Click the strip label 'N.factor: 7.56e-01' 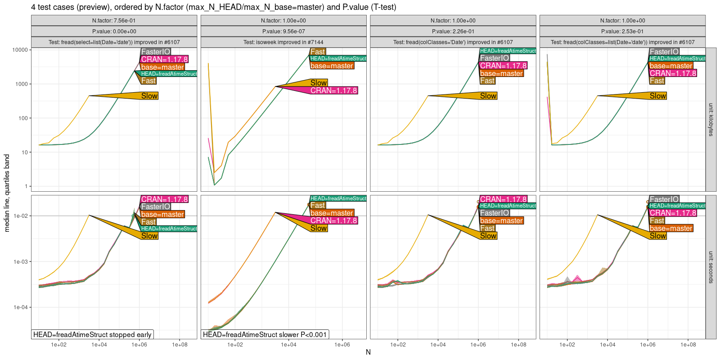click(114, 21)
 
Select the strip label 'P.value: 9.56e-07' click(283, 31)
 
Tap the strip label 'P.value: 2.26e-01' click(453, 31)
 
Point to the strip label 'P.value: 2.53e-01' click(622, 31)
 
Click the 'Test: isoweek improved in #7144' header click(283, 42)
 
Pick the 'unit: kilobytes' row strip click(711, 120)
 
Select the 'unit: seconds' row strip click(711, 267)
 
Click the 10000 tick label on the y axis click(20, 50)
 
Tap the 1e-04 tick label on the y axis click(21, 307)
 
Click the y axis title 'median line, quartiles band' click(7, 193)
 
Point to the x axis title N click(368, 352)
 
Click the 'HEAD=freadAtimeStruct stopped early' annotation click(92, 334)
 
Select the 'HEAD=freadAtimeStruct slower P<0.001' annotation click(265, 334)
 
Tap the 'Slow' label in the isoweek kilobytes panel click(319, 83)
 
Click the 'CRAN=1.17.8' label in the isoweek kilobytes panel click(333, 90)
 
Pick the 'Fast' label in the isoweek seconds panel click(317, 206)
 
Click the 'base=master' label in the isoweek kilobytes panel click(332, 66)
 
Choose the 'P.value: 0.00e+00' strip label click(114, 31)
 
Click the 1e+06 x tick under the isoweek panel click(342, 345)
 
